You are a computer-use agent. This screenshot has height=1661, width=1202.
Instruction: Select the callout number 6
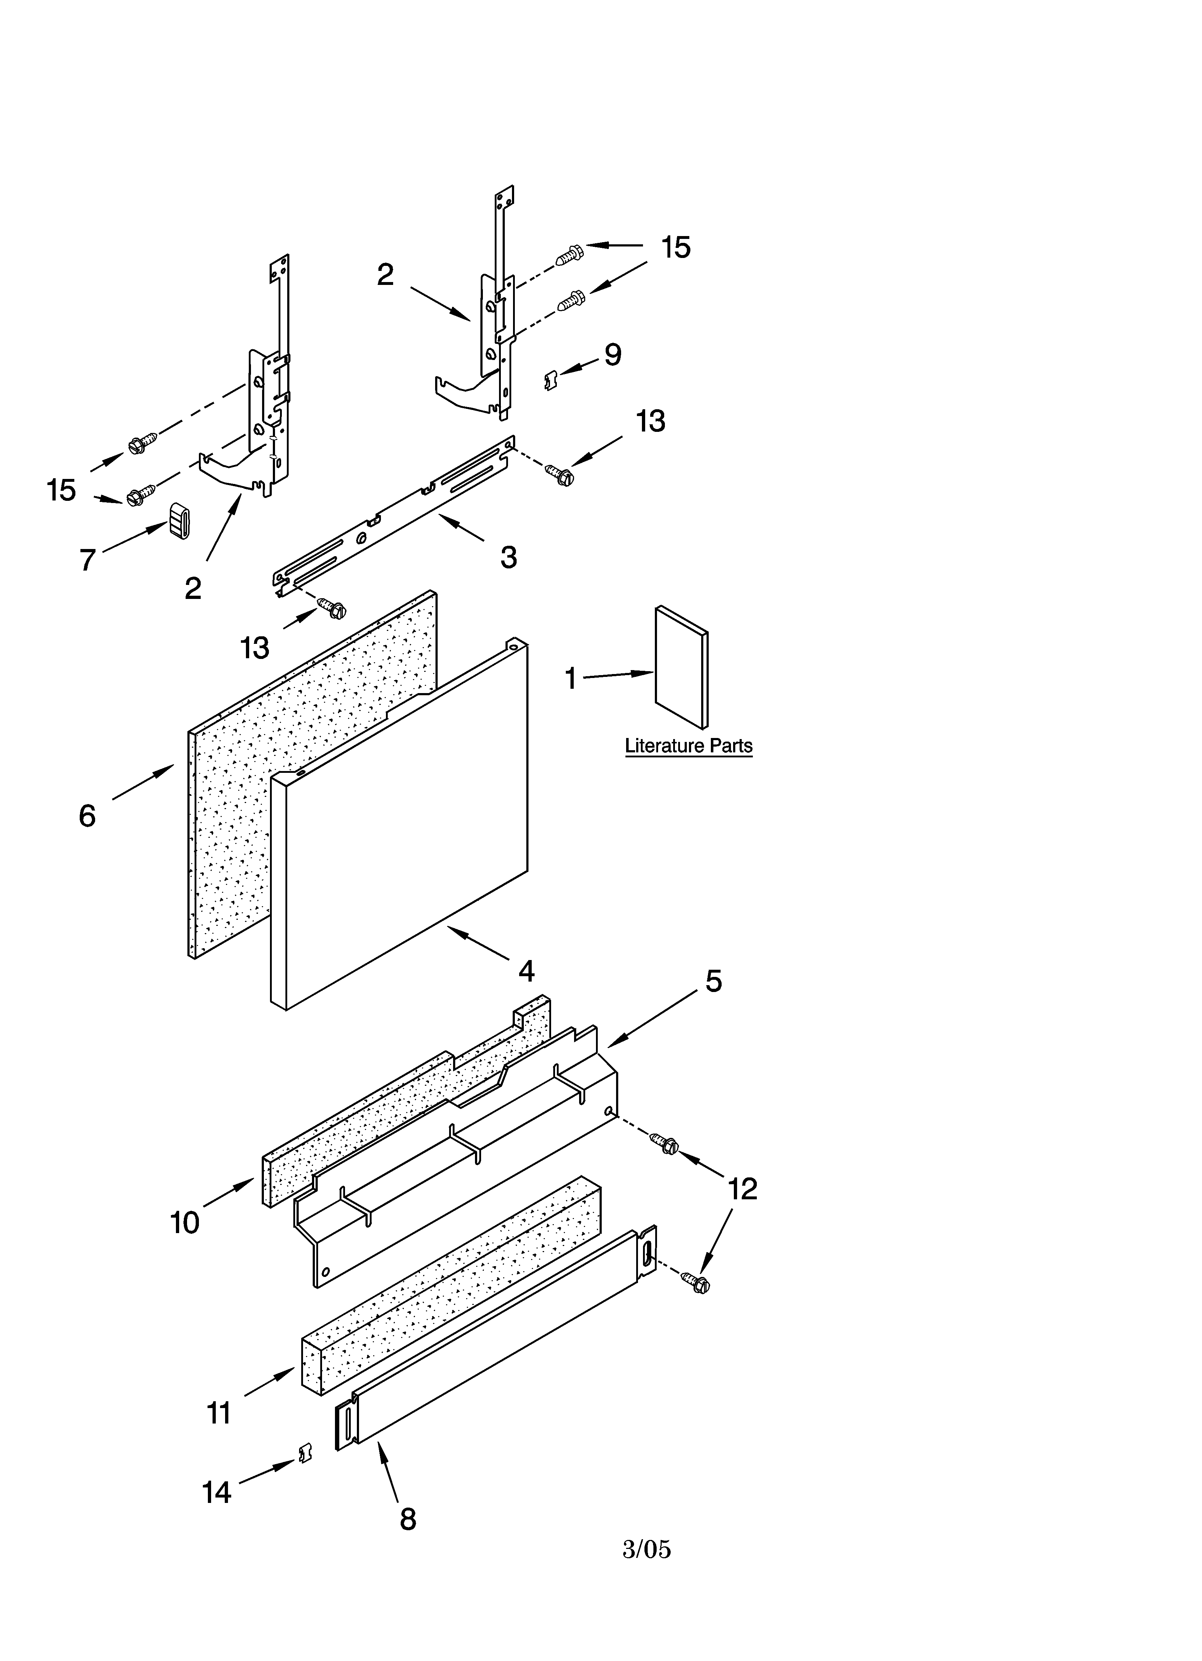(x=87, y=815)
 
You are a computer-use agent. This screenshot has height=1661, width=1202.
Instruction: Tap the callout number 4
(x=526, y=971)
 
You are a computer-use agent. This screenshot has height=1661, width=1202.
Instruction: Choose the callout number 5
(x=713, y=981)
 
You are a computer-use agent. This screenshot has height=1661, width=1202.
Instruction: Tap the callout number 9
(x=613, y=355)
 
